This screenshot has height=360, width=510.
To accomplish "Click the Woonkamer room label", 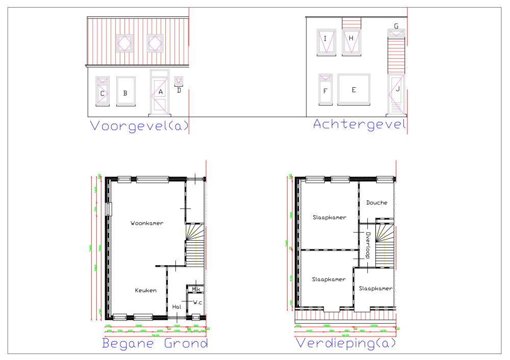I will pyautogui.click(x=147, y=223).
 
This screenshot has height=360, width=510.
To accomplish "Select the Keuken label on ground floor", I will pyautogui.click(x=145, y=291).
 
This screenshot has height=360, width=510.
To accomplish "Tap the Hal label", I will pyautogui.click(x=177, y=307).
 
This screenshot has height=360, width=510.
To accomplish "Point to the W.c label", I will pyautogui.click(x=198, y=302).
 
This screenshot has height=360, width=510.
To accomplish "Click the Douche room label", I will pyautogui.click(x=376, y=203).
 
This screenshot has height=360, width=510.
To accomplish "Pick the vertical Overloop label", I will pyautogui.click(x=367, y=245).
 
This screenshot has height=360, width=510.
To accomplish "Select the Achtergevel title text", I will pyautogui.click(x=359, y=124).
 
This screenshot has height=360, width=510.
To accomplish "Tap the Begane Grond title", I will pyautogui.click(x=155, y=343).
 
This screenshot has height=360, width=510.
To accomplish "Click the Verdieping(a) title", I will pyautogui.click(x=345, y=343).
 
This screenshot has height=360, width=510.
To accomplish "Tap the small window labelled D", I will pyautogui.click(x=178, y=82).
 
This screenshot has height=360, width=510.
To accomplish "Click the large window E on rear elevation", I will pyautogui.click(x=353, y=90).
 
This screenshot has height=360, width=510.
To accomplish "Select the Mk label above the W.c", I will pyautogui.click(x=196, y=290).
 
